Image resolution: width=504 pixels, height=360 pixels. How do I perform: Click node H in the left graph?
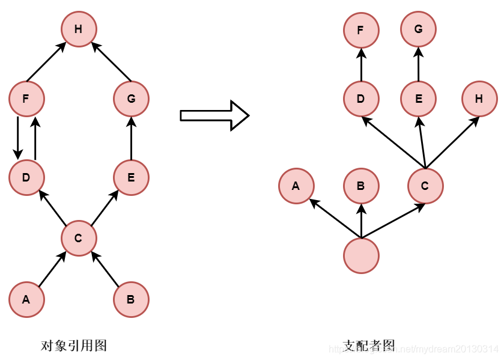click(x=79, y=29)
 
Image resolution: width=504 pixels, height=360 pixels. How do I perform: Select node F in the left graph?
click(x=26, y=99)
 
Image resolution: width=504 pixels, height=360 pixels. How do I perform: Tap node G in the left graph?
click(x=131, y=99)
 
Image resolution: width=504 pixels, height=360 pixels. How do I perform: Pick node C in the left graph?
click(x=79, y=238)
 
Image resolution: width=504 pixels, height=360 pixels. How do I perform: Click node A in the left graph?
click(x=26, y=299)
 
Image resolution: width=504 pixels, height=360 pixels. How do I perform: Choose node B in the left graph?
click(x=131, y=299)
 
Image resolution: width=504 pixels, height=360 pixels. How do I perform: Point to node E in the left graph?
click(x=131, y=177)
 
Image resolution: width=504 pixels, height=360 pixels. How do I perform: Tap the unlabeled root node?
click(x=361, y=255)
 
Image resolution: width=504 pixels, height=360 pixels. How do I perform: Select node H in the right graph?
click(x=479, y=99)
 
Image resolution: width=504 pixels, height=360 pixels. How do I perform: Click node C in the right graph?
click(x=425, y=186)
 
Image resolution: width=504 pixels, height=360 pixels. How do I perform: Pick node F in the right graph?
click(x=361, y=29)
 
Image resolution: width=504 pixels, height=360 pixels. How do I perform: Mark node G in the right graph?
click(x=418, y=29)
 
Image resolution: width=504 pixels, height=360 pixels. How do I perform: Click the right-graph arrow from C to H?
click(x=452, y=142)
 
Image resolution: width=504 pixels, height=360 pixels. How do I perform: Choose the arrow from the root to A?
click(x=335, y=218)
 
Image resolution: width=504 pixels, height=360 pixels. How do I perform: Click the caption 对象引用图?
click(x=73, y=346)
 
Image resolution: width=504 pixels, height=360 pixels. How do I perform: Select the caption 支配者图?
click(x=369, y=346)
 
